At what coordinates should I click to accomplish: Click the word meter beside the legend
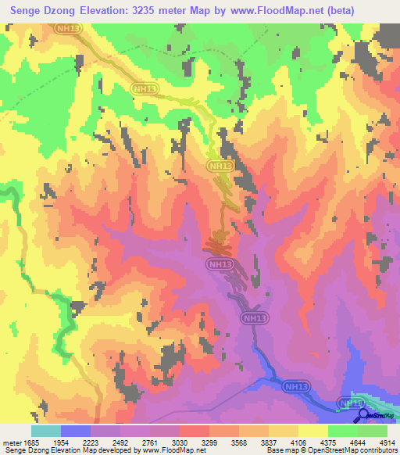12,442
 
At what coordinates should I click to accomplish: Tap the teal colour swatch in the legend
46,431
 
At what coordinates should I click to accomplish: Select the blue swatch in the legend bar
76,431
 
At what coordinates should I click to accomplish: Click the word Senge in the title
27,11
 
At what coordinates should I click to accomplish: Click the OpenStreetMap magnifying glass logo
363,416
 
